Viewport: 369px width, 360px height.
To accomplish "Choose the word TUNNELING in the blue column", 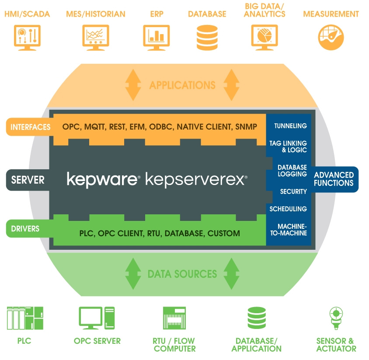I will click(290, 126).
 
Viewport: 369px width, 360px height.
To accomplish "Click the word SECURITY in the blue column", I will click(293, 192).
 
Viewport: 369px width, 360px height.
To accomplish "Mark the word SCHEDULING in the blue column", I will click(288, 209).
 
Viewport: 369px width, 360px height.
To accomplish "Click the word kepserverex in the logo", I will click(195, 179).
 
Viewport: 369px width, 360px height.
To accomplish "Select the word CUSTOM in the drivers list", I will click(223, 233).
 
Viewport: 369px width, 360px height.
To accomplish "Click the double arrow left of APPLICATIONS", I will click(132, 85).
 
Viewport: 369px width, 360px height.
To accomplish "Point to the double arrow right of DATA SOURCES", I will click(232, 274).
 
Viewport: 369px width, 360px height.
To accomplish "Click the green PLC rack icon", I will click(25, 318).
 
